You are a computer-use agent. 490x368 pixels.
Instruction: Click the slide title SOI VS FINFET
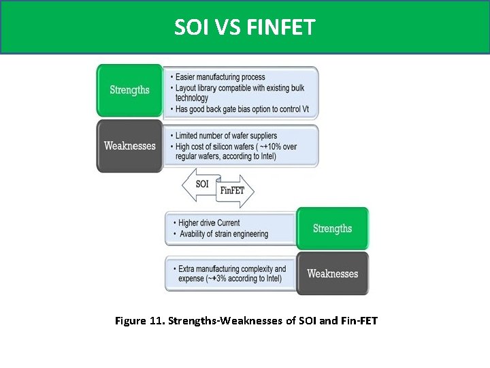(x=244, y=27)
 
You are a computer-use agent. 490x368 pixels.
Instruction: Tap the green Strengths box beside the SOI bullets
(x=129, y=90)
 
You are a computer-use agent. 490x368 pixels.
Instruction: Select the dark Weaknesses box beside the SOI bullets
(x=129, y=145)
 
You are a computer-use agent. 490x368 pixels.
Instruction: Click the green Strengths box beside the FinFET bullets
(x=332, y=228)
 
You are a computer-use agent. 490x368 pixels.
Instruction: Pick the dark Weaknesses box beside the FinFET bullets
(x=332, y=273)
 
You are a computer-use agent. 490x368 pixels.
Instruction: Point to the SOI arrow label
(x=202, y=184)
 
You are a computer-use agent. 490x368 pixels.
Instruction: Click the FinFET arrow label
(x=232, y=190)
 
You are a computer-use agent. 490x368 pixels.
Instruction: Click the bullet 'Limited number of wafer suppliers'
(x=226, y=136)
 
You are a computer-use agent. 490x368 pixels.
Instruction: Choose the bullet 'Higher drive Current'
(x=209, y=223)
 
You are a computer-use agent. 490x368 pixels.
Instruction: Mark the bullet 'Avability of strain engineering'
(x=223, y=234)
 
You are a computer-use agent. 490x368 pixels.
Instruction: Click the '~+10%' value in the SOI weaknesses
(x=280, y=147)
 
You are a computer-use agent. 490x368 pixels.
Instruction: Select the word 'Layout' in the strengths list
(x=188, y=88)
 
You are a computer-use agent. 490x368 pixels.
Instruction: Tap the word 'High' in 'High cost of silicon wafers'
(x=184, y=147)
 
